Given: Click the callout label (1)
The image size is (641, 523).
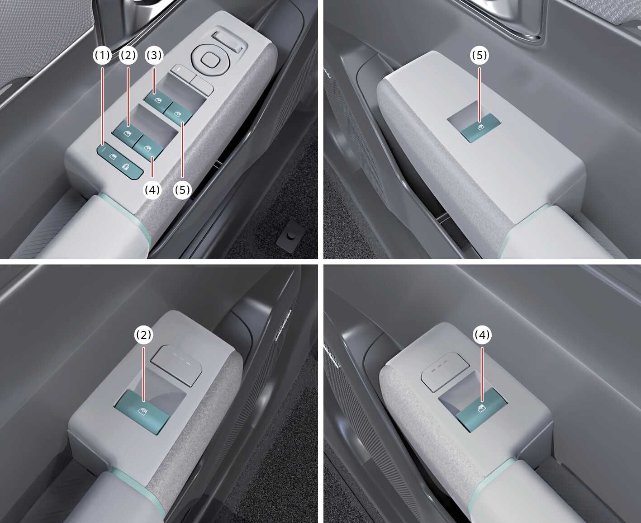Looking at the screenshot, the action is click(102, 55).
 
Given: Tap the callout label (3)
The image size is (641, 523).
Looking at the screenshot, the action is click(154, 55).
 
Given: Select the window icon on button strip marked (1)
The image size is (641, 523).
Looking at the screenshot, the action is click(113, 156).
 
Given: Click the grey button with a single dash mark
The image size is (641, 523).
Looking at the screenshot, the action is click(182, 72).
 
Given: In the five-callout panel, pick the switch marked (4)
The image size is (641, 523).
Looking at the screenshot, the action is click(148, 148).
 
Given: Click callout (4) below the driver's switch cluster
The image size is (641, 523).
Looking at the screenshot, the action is click(152, 190).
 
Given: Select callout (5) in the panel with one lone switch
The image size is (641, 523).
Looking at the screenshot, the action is click(480, 55).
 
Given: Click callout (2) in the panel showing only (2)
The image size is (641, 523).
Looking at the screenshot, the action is click(143, 335).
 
